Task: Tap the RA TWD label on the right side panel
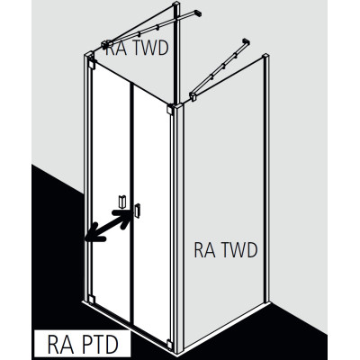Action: click(226, 250)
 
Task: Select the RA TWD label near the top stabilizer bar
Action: click(138, 48)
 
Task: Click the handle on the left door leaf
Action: click(121, 202)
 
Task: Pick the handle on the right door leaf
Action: click(138, 210)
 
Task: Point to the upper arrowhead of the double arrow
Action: click(123, 218)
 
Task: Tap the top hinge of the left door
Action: click(92, 64)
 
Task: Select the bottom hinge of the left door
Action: click(92, 300)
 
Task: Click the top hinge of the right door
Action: click(170, 109)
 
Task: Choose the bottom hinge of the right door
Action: click(170, 344)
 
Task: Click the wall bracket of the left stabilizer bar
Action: click(198, 13)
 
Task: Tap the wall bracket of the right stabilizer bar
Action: click(246, 41)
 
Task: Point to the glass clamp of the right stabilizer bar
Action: click(193, 96)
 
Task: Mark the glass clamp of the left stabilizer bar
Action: click(106, 45)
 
